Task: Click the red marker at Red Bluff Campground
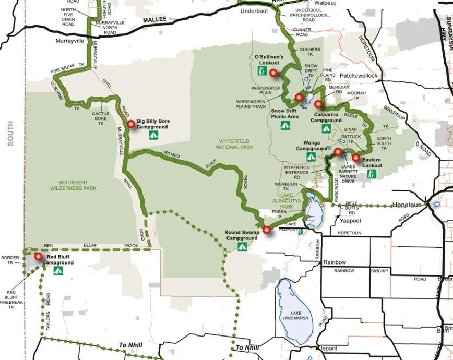click(x=38, y=256)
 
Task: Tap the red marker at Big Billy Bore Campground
click(x=132, y=124)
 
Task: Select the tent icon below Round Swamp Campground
click(x=242, y=247)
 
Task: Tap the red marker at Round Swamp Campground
click(x=267, y=230)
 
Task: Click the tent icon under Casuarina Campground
click(x=326, y=128)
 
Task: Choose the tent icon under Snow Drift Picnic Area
click(x=285, y=126)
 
